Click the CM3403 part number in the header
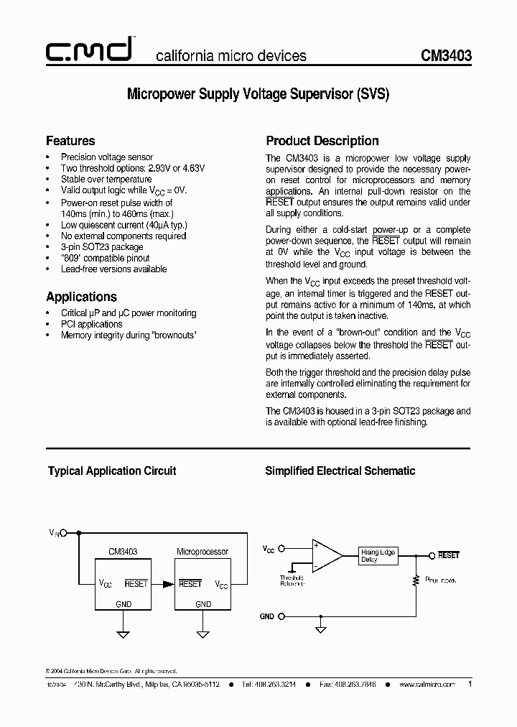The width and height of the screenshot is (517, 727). [446, 55]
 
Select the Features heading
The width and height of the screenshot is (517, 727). [70, 141]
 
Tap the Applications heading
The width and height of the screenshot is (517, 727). [81, 297]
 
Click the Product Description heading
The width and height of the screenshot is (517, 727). [322, 141]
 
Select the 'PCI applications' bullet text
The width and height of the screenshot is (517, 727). [92, 324]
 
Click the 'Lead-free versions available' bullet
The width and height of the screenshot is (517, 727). [113, 269]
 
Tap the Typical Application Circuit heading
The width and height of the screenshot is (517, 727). [112, 471]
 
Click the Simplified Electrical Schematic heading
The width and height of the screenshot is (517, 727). [340, 471]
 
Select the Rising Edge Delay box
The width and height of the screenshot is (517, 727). [378, 555]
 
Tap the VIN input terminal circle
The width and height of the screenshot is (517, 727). [64, 533]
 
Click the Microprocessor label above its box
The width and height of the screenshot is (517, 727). [202, 552]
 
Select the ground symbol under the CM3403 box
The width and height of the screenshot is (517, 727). [123, 633]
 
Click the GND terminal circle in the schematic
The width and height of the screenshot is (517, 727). [281, 616]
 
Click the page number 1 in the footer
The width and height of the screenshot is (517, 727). [470, 685]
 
